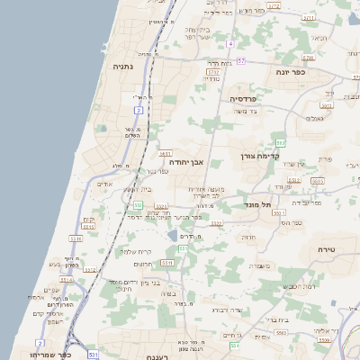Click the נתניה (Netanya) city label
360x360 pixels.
coord(123,67)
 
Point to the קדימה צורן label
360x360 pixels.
coord(262,157)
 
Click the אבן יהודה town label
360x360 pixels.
coord(187,163)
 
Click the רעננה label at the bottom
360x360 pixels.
coord(136,356)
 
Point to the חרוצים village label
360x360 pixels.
coord(144,265)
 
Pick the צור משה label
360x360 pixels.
coord(244,112)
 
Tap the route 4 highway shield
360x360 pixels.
coord(229,43)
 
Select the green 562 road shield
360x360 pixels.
coord(280,143)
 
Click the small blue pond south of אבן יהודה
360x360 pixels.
coord(172,237)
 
